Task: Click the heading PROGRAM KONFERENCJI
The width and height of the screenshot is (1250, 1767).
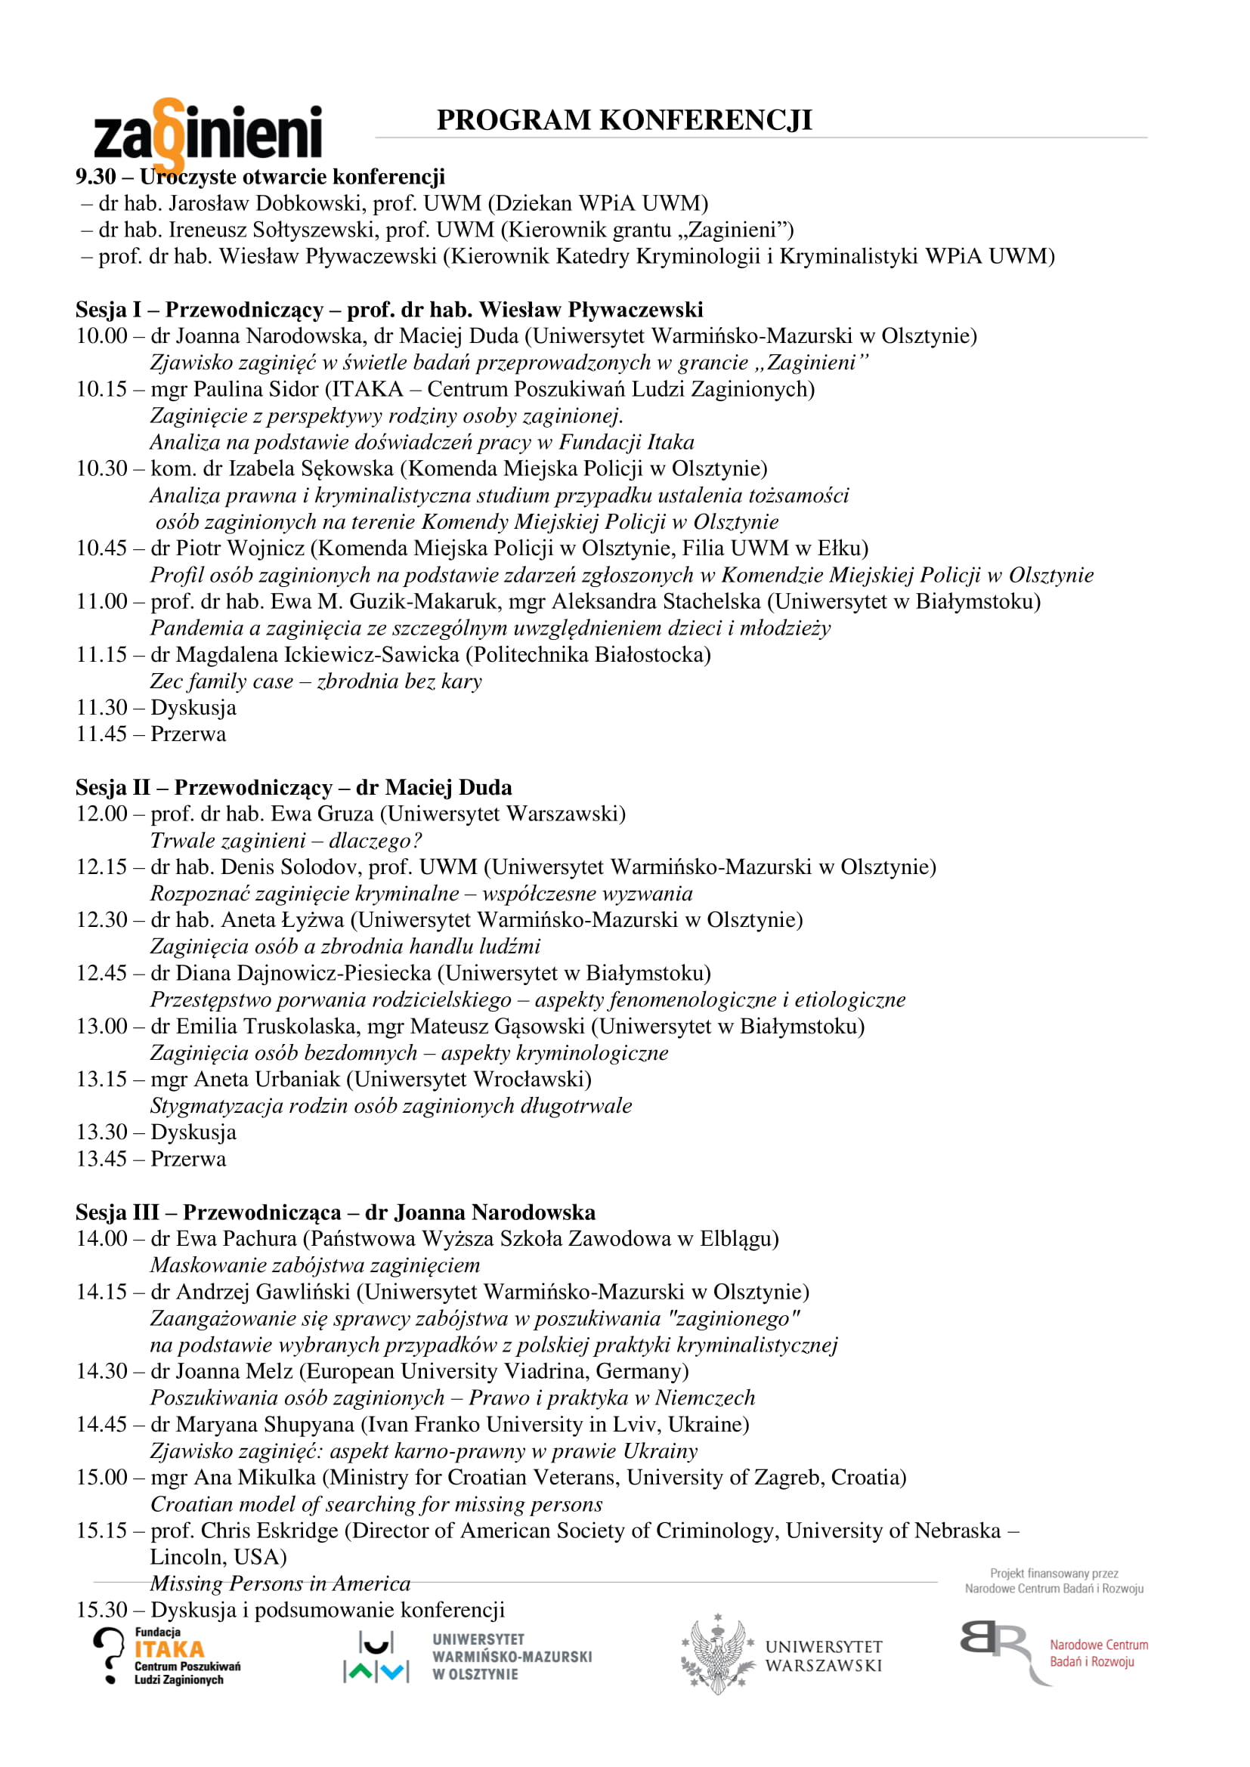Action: (x=624, y=120)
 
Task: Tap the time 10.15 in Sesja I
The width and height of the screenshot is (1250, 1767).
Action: (x=101, y=389)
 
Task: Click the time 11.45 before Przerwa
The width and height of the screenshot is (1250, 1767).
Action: (x=101, y=734)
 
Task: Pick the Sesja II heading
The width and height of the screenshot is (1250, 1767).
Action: (x=293, y=787)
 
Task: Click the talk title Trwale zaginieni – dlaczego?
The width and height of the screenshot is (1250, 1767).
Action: (x=286, y=840)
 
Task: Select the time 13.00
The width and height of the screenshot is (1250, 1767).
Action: (x=101, y=1027)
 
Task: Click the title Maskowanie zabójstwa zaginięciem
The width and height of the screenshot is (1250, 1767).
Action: (x=315, y=1265)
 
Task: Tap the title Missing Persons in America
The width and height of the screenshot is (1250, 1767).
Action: (x=280, y=1584)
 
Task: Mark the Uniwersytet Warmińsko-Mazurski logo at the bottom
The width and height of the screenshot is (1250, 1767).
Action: (x=467, y=1657)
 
